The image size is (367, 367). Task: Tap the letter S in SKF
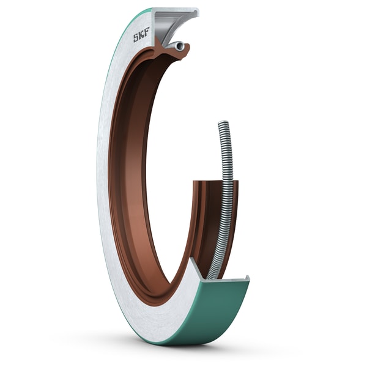point(136,38)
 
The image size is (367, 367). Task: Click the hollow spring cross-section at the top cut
point(178,46)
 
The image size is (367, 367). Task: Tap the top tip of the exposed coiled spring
point(223,123)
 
